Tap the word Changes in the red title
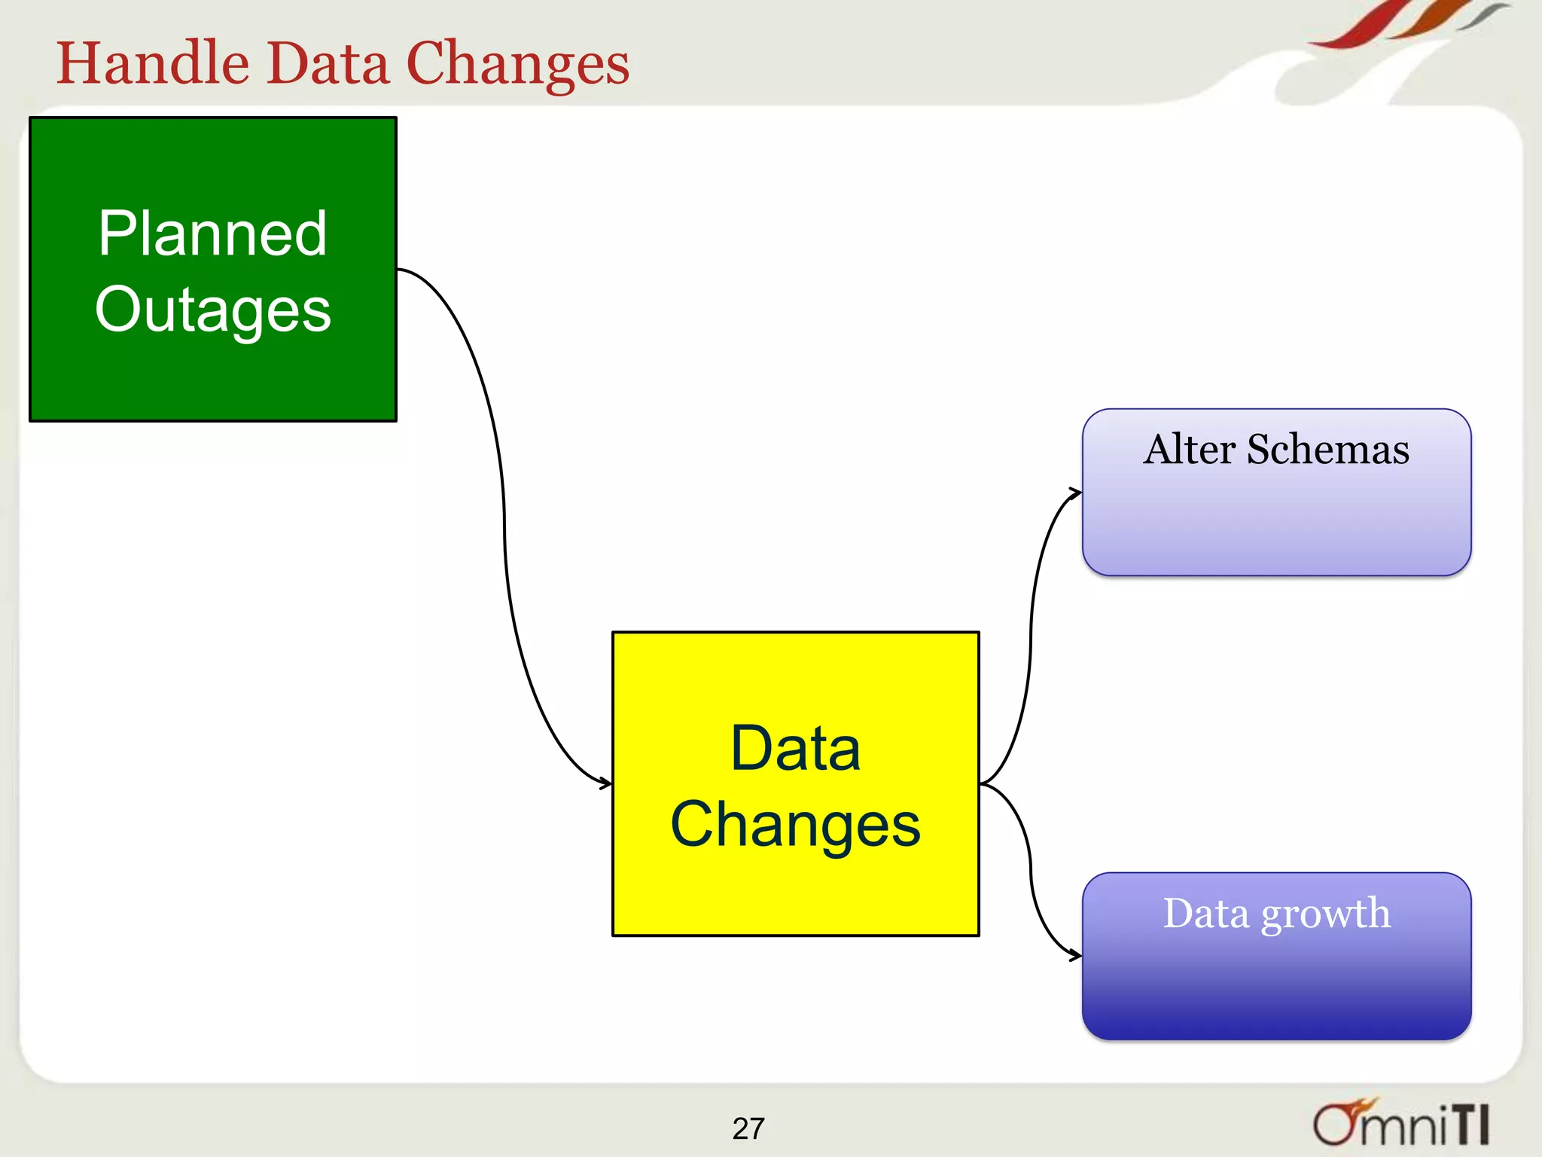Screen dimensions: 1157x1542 (517, 65)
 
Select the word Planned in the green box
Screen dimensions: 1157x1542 (212, 234)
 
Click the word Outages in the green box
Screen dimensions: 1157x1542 (212, 310)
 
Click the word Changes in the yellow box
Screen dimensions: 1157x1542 (795, 824)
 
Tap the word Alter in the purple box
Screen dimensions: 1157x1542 (1189, 450)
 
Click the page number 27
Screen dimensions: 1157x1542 (748, 1128)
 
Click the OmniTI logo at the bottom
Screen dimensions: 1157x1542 (1400, 1122)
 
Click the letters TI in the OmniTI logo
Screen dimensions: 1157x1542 (1470, 1125)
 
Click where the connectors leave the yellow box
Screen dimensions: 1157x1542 (982, 784)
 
